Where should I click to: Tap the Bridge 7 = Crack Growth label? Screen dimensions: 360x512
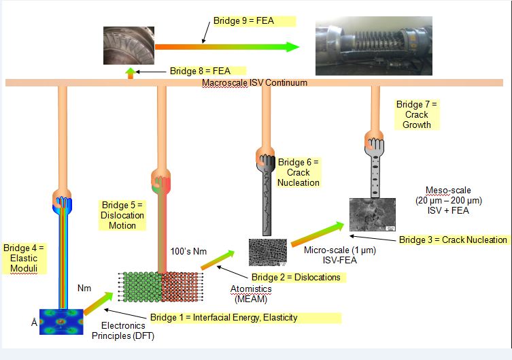417,114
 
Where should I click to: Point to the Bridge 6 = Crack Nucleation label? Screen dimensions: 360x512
298,173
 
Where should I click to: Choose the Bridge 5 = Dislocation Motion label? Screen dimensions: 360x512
122,215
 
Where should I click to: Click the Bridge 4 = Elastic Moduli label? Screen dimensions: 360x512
24,258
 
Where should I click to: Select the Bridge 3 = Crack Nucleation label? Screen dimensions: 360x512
453,240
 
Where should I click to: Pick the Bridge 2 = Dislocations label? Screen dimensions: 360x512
296,277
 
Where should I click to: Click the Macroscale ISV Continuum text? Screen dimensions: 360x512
254,83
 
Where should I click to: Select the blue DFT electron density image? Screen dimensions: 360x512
61,323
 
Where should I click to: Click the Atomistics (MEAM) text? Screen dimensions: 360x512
248,293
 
